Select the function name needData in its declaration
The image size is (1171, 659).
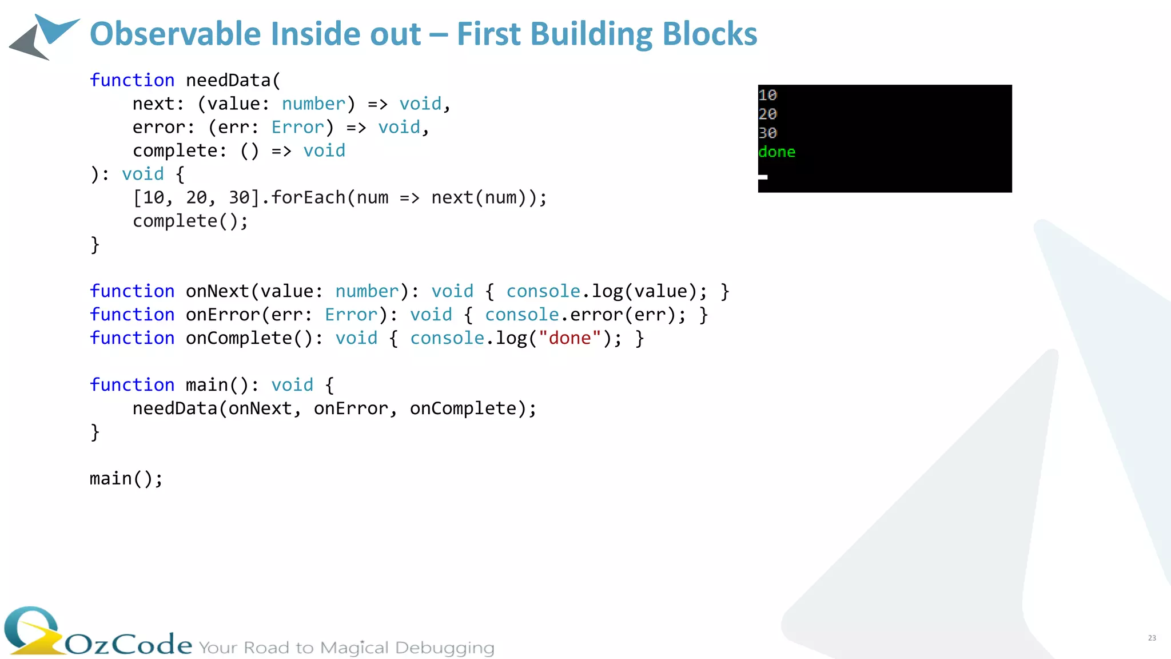point(228,80)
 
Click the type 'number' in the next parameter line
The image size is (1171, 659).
point(313,104)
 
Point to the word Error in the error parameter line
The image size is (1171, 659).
point(297,127)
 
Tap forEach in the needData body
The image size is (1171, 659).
point(308,197)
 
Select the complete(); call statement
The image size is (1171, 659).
point(190,221)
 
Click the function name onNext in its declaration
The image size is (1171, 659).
point(217,291)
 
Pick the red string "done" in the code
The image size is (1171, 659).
point(569,338)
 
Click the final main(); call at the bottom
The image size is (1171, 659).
point(126,479)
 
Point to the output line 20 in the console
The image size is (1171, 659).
point(767,114)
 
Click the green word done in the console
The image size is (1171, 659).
point(776,152)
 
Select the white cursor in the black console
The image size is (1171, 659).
point(763,177)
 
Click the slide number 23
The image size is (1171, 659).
point(1152,638)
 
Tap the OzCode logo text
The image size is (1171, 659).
point(129,644)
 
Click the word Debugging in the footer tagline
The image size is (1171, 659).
point(444,648)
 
